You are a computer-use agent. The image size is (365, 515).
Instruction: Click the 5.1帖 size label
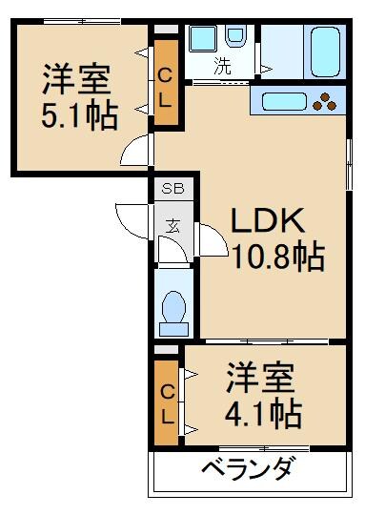[79, 115]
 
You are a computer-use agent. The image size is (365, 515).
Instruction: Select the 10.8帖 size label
[276, 257]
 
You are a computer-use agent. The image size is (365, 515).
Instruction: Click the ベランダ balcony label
[249, 470]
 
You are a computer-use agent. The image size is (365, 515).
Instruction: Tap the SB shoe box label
[172, 189]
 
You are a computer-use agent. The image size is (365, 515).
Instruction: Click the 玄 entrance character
[173, 226]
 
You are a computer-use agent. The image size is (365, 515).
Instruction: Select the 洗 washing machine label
[221, 67]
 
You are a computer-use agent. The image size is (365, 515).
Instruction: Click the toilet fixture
[173, 310]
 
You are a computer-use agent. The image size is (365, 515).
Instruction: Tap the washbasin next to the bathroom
[202, 39]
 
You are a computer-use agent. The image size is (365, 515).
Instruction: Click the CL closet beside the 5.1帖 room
[165, 84]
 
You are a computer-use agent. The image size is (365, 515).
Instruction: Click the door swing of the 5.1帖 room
[138, 150]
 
